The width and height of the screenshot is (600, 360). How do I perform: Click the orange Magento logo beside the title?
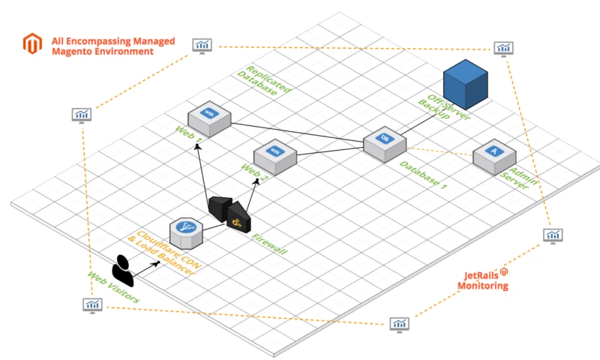32,43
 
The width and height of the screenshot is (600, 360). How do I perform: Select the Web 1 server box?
209,118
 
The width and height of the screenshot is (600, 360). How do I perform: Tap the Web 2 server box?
275,157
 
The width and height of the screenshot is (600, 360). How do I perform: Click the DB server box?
385,144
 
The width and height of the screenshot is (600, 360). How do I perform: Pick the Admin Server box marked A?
494,157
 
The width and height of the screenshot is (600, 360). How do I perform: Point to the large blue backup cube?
465,84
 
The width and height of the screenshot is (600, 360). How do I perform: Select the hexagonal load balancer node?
186,233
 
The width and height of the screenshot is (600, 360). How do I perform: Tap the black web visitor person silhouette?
123,271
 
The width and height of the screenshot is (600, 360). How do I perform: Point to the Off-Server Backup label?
444,107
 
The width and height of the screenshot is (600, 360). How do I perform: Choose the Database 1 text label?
423,175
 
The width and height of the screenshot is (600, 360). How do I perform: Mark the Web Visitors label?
113,287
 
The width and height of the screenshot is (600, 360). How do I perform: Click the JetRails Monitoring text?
483,280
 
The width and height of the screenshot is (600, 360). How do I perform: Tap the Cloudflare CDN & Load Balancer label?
164,253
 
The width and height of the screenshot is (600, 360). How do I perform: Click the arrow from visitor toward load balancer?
145,269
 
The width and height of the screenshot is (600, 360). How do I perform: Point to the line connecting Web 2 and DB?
330,151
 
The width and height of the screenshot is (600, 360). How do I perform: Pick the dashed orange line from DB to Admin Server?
439,151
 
